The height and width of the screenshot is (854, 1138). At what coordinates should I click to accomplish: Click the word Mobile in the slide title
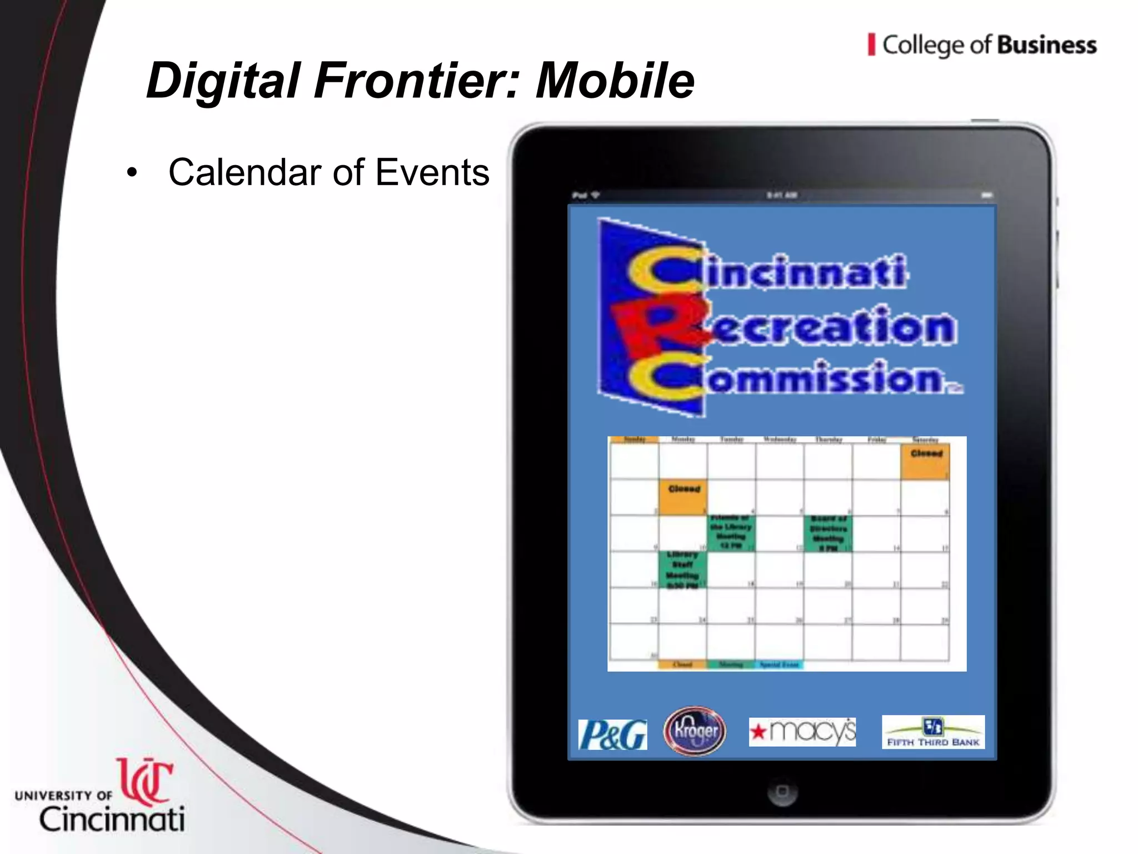pos(615,81)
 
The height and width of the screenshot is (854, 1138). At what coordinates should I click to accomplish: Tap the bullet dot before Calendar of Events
pos(132,173)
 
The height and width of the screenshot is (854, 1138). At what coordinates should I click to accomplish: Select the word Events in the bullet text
pos(432,172)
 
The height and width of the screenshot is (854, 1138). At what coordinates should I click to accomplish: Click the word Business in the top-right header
pos(1046,46)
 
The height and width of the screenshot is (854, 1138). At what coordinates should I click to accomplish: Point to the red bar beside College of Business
pos(871,44)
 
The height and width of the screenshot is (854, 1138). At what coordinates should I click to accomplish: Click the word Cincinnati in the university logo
pos(112,820)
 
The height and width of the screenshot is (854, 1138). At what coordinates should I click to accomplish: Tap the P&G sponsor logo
pos(612,734)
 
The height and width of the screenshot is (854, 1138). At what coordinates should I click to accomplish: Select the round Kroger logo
pos(695,731)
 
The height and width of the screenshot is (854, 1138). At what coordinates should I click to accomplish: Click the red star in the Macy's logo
pos(758,732)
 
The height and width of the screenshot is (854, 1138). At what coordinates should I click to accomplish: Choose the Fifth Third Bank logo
pos(933,732)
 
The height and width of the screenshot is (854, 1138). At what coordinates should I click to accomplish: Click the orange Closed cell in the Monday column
pos(683,497)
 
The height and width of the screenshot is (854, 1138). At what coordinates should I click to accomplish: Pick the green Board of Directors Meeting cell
pos(828,533)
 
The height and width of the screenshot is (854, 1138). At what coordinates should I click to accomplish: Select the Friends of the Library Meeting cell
pos(731,533)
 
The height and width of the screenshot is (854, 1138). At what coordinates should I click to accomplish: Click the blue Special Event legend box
pos(779,664)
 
